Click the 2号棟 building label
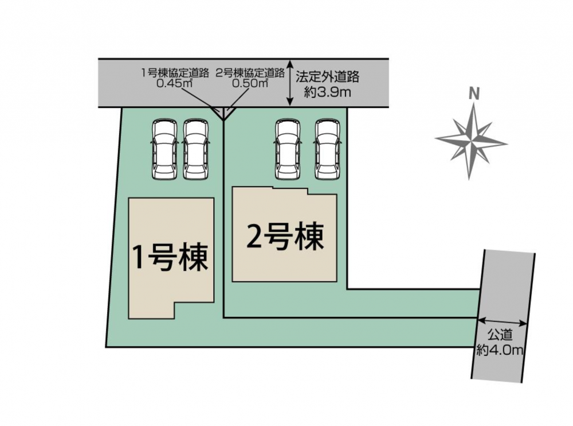pos(285,237)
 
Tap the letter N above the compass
pos(474,95)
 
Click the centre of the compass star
pos(471,140)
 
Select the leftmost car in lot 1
pos(164,149)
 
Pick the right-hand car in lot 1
pos(196,149)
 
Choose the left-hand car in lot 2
pos(288,149)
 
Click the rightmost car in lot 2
pos(327,149)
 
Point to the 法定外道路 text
pos(328,76)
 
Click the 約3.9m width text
pos(327,92)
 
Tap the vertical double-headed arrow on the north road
pos(290,83)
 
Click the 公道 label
pos(500,334)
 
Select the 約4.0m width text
pos(500,350)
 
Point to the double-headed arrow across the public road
pos(502,322)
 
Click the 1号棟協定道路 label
pos(175,73)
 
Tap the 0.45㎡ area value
pos(175,83)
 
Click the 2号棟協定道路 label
pos(250,73)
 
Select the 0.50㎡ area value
pos(250,83)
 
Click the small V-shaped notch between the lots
pos(223,114)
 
